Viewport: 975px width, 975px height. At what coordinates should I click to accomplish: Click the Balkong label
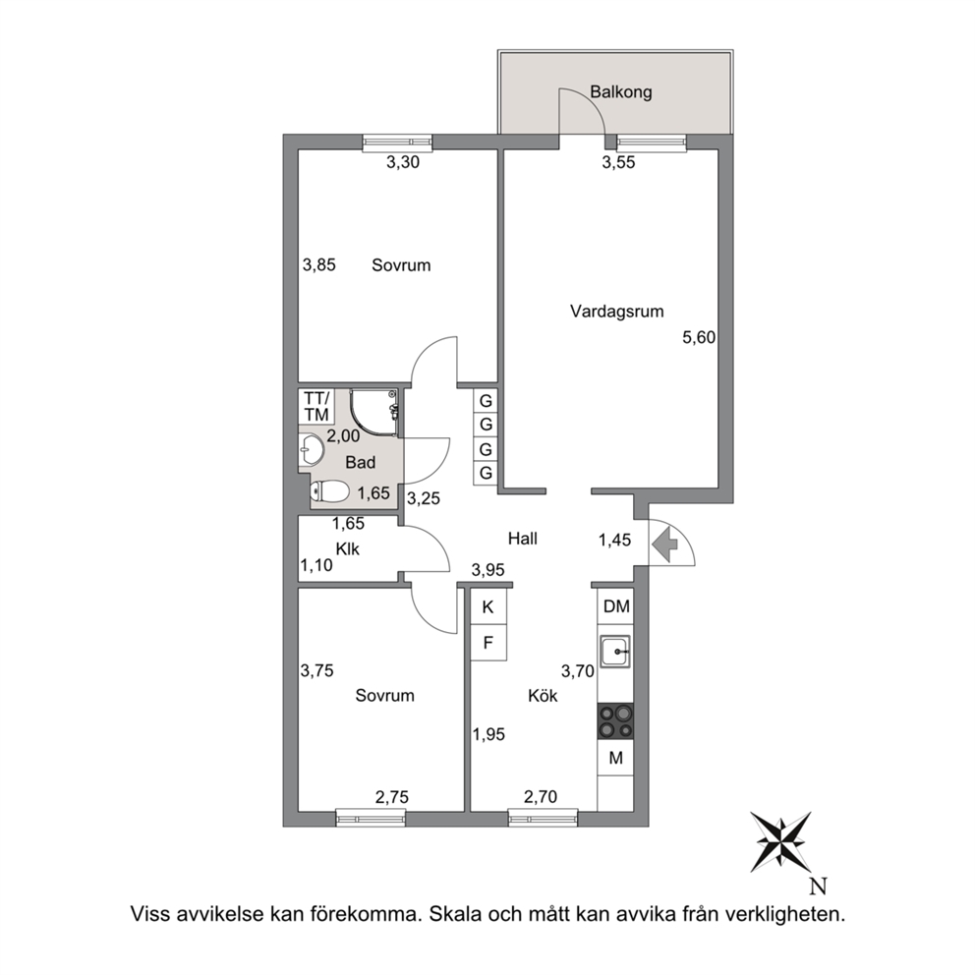pyautogui.click(x=620, y=92)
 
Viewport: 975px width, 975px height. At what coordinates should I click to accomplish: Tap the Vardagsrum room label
pyautogui.click(x=617, y=311)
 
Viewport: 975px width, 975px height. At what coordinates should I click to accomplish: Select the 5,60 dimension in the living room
pyautogui.click(x=699, y=338)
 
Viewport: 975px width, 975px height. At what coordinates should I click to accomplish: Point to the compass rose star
pyautogui.click(x=780, y=841)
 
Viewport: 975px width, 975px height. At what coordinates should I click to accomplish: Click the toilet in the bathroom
pyautogui.click(x=329, y=491)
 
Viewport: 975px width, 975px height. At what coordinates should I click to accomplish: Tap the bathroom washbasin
pyautogui.click(x=311, y=449)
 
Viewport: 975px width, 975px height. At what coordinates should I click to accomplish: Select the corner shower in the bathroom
pyautogui.click(x=373, y=413)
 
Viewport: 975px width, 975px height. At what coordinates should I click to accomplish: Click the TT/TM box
pyautogui.click(x=316, y=406)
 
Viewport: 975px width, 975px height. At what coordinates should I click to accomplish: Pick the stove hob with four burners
pyautogui.click(x=615, y=721)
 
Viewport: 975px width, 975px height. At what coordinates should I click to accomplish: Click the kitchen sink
pyautogui.click(x=615, y=651)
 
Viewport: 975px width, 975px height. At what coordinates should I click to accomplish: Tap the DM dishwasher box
pyautogui.click(x=615, y=606)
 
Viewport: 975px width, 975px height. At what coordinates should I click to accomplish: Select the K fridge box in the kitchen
pyautogui.click(x=488, y=606)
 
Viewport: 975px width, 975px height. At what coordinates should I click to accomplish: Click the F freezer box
pyautogui.click(x=488, y=643)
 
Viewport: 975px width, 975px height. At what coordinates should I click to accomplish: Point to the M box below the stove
pyautogui.click(x=615, y=758)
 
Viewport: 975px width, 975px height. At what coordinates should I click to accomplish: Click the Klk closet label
pyautogui.click(x=348, y=549)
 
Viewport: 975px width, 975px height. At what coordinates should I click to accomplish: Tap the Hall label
pyautogui.click(x=522, y=539)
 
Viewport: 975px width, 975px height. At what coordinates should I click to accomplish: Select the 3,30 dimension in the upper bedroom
pyautogui.click(x=403, y=162)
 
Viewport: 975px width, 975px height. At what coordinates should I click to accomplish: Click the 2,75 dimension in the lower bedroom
pyautogui.click(x=392, y=796)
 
